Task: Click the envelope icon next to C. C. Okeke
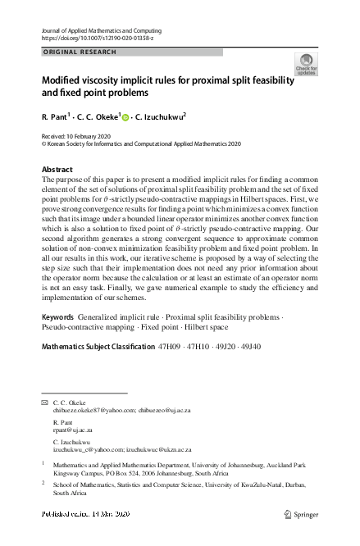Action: (x=44, y=403)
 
